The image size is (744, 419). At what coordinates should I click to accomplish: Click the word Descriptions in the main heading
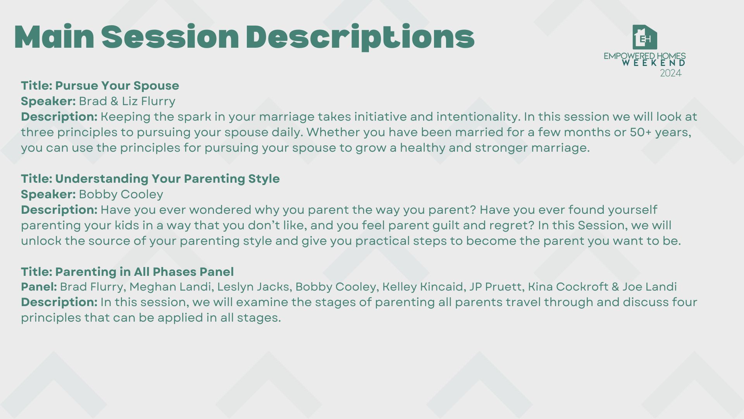[x=360, y=37]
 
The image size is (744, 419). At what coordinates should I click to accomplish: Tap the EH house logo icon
[x=645, y=37]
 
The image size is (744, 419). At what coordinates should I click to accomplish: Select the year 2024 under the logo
[x=671, y=73]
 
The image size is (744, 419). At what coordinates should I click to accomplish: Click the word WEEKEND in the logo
[x=654, y=63]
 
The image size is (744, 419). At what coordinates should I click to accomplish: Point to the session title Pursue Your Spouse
[x=117, y=86]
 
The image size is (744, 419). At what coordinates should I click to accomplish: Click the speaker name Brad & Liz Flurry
[x=127, y=101]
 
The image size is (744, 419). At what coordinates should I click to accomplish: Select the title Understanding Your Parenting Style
[x=167, y=179]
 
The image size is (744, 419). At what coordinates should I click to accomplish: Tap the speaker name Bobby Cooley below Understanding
[x=121, y=194]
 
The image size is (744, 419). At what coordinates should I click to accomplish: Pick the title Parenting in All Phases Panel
[x=145, y=272]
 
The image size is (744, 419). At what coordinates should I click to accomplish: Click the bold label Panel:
[x=39, y=287]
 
